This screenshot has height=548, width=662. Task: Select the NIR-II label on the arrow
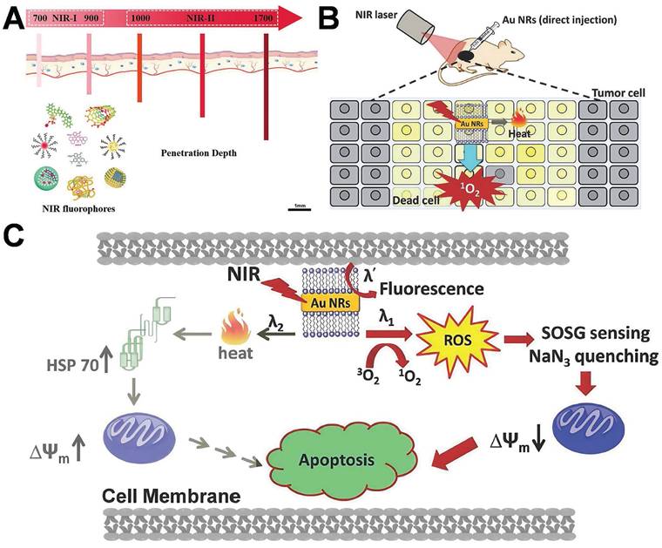(202, 17)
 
